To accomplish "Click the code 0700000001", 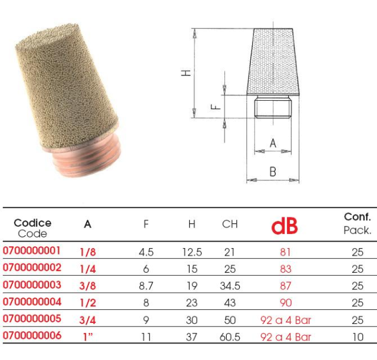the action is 31,250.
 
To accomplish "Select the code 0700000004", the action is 32,302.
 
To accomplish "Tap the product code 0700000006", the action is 32,335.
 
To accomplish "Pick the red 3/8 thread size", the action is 88,286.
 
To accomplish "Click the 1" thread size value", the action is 88,337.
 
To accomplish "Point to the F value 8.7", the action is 146,286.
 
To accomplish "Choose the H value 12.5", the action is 192,252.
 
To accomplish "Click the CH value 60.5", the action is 230,337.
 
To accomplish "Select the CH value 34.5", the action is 230,286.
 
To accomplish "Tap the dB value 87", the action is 285,286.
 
